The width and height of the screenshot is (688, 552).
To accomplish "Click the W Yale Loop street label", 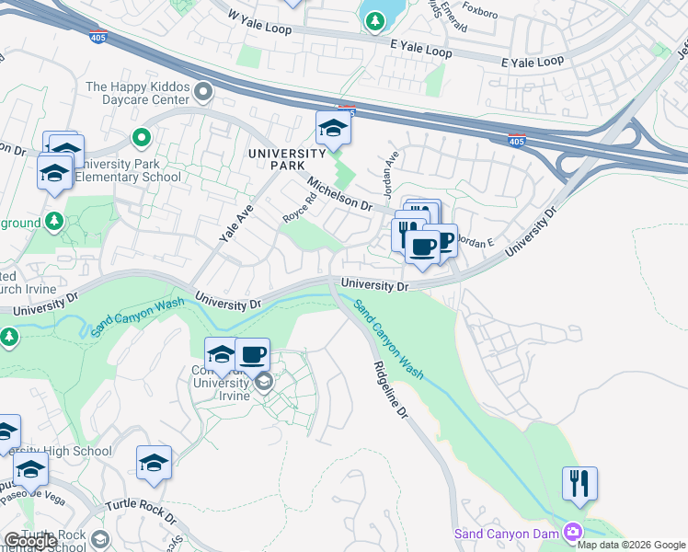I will pos(259,23).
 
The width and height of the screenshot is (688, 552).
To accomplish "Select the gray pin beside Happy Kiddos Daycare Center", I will pos(203,91).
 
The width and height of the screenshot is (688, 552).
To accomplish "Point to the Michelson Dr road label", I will pos(338,193).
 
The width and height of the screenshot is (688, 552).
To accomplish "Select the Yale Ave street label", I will pos(236,223).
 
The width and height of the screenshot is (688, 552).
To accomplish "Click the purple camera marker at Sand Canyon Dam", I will pos(573,533).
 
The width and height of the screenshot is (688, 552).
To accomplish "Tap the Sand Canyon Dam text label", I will pos(508,534).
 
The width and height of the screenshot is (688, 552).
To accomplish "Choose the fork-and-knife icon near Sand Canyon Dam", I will pos(579,483).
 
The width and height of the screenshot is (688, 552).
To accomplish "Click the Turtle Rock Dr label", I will pos(139,513).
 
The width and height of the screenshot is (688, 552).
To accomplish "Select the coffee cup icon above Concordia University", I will pos(251,354).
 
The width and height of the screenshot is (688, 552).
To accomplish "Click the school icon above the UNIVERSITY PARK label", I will pos(333,129).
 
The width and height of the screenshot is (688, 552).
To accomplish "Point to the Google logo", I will pos(30,541).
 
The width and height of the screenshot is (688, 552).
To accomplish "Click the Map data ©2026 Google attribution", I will pos(631,545).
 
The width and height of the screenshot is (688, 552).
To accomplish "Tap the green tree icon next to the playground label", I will pos(54,221).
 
